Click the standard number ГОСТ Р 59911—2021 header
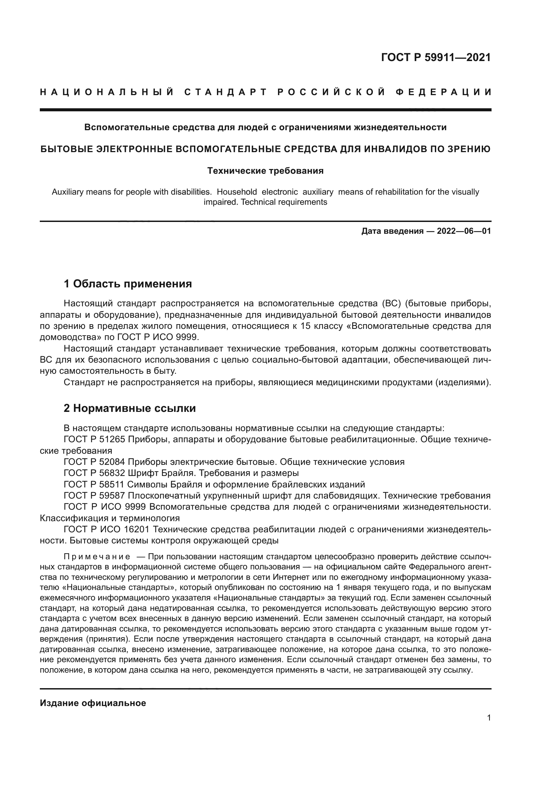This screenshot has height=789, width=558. pyautogui.click(x=436, y=57)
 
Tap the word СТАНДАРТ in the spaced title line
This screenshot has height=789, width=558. pyautogui.click(x=225, y=92)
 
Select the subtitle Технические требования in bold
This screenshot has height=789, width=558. pyautogui.click(x=265, y=171)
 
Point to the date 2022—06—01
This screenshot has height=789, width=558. pyautogui.click(x=464, y=231)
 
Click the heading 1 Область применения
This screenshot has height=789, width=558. pyautogui.click(x=128, y=284)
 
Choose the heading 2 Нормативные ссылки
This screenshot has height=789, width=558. pyautogui.click(x=130, y=408)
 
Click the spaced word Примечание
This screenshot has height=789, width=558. pyautogui.click(x=97, y=557)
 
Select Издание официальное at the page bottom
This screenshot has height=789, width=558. pyautogui.click(x=93, y=703)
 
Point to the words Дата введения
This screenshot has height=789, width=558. pyautogui.click(x=392, y=231)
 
